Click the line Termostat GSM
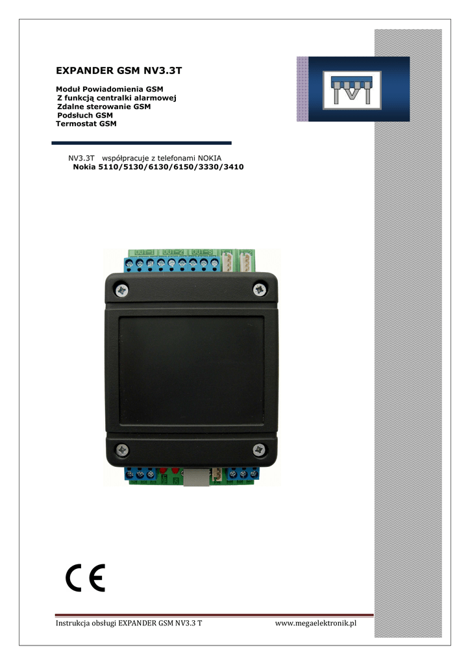pyautogui.click(x=86, y=123)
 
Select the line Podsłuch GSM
pyautogui.click(x=85, y=115)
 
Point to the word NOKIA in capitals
pyautogui.click(x=209, y=158)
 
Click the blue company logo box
pyautogui.click(x=353, y=89)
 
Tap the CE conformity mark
pyautogui.click(x=85, y=577)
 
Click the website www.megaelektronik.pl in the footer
pyautogui.click(x=316, y=624)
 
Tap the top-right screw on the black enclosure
pyautogui.click(x=260, y=290)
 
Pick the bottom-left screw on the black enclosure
pyautogui.click(x=122, y=449)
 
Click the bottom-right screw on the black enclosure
pyautogui.click(x=259, y=448)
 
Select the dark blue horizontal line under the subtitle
pyautogui.click(x=142, y=143)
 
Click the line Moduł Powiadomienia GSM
pyautogui.click(x=109, y=88)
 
